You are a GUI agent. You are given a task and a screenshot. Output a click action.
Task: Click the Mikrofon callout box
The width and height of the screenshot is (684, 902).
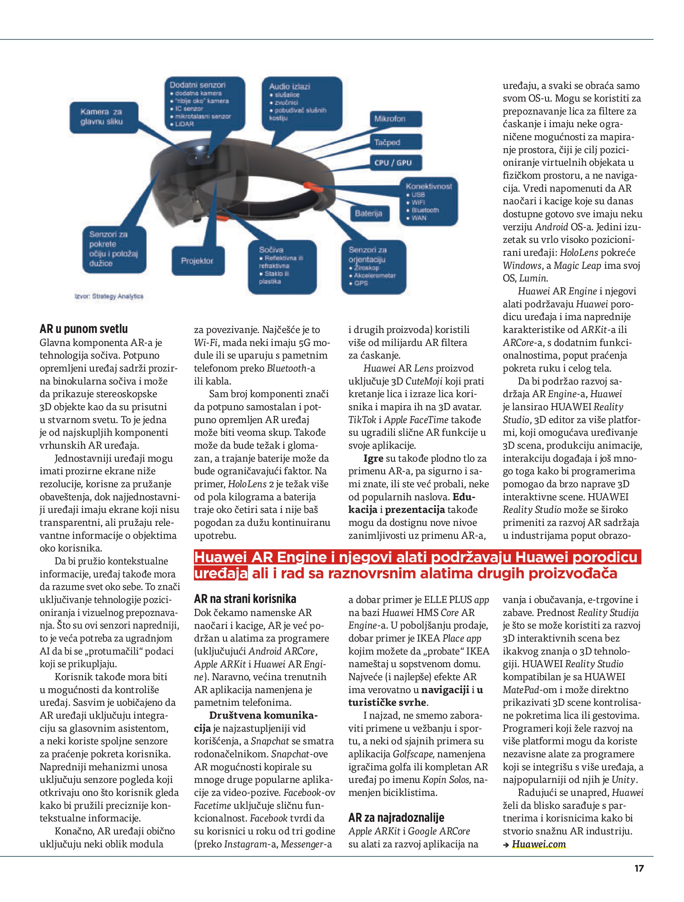point(395,119)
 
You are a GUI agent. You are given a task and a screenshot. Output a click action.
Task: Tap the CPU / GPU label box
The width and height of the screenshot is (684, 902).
point(395,163)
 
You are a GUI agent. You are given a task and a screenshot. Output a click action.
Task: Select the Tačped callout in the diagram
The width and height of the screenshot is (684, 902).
point(395,142)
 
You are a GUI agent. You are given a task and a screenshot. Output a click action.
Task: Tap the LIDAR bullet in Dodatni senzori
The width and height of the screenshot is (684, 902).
point(184,124)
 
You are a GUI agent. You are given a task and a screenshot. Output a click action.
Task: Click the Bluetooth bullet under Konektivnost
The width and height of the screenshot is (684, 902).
point(424,210)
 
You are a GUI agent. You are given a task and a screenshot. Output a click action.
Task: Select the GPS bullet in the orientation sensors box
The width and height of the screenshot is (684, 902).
point(361,283)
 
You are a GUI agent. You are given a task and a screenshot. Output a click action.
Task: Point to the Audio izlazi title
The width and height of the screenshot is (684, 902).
point(290,86)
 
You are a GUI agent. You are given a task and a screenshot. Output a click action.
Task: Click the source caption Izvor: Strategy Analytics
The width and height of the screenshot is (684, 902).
point(109,297)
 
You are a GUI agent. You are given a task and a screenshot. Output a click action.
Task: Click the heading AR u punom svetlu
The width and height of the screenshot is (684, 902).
point(84,329)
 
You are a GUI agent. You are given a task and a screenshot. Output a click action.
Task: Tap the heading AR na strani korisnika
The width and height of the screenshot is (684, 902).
point(245,599)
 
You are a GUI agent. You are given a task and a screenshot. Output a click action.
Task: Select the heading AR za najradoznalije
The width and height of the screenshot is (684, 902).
point(396,817)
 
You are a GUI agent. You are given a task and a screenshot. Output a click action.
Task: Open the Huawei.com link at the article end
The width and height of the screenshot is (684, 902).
point(539,844)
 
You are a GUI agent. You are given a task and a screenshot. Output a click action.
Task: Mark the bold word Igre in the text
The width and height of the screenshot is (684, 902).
point(373,458)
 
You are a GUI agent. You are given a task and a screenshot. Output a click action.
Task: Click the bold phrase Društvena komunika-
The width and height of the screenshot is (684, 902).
point(263,716)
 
